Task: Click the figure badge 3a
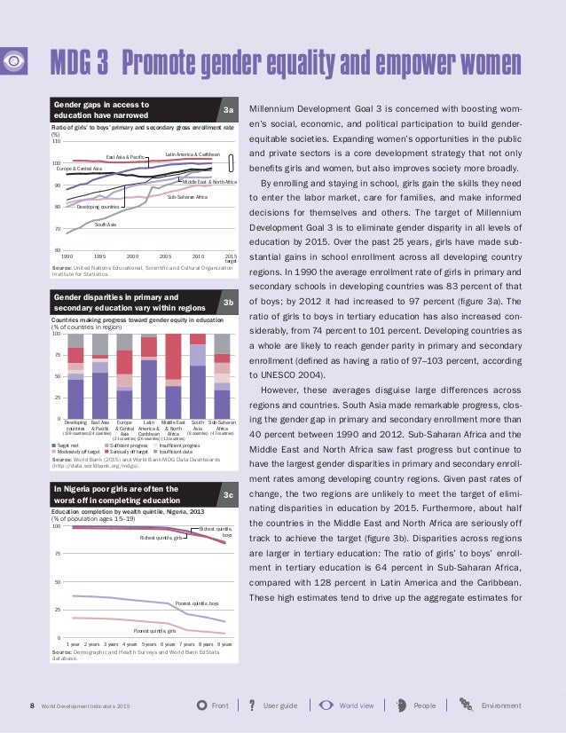click(x=228, y=110)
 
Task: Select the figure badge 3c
click(x=228, y=493)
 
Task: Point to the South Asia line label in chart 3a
click(x=106, y=225)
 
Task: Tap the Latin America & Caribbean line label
click(x=193, y=154)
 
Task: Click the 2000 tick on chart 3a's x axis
click(x=132, y=255)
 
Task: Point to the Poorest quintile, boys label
click(x=196, y=603)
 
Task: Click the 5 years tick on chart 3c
click(x=150, y=643)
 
